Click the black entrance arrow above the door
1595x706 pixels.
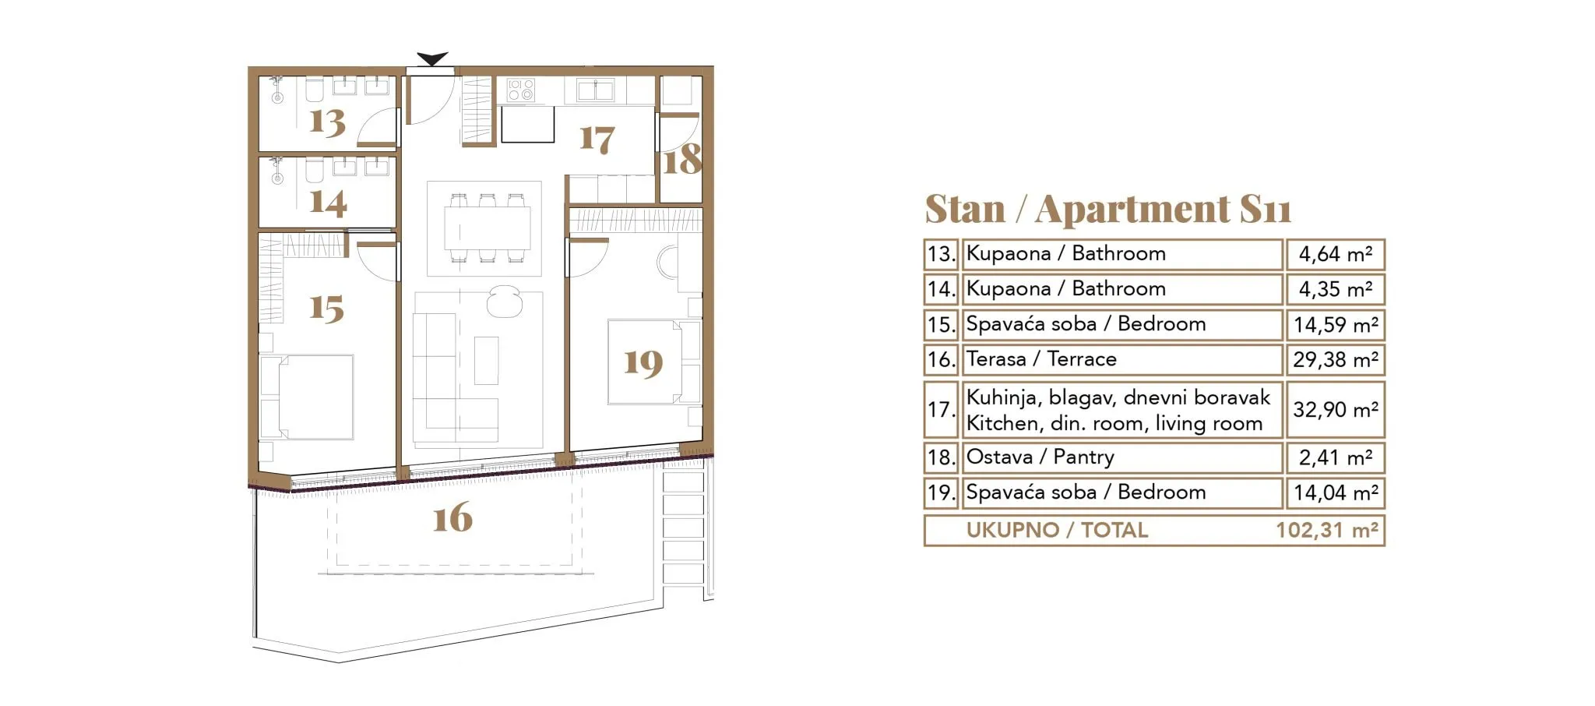tap(432, 58)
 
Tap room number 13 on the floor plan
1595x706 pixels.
tap(327, 122)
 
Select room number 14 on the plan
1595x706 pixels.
tap(328, 202)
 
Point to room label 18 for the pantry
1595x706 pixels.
tap(682, 159)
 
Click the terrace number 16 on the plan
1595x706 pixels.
tap(452, 517)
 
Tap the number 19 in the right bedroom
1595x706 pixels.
tap(643, 363)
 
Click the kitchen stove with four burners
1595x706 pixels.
tap(520, 90)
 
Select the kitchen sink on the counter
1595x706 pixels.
tap(596, 90)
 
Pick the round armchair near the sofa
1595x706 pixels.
tap(504, 302)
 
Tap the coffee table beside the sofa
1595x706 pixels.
tap(487, 360)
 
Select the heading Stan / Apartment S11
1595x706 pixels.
tap(1107, 209)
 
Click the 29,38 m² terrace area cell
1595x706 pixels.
tap(1336, 360)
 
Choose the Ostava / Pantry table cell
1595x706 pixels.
tap(1122, 457)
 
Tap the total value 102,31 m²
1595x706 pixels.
tap(1327, 531)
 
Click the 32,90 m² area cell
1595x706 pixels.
tap(1336, 410)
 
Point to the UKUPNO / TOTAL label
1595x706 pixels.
tap(1057, 531)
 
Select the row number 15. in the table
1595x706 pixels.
tap(941, 325)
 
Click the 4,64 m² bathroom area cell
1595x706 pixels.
tap(1336, 254)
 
